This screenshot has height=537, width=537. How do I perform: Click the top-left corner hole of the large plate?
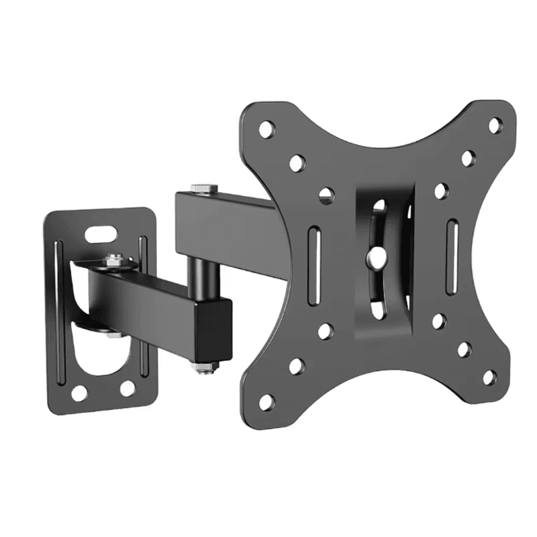point(266,129)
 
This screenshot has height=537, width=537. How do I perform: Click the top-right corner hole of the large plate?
point(494,125)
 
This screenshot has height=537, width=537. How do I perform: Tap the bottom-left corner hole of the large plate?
point(266,401)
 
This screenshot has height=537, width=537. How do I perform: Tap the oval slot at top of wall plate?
point(99,234)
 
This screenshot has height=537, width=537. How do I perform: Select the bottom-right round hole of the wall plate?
point(128,388)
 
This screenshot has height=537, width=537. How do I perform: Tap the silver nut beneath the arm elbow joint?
point(204,367)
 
